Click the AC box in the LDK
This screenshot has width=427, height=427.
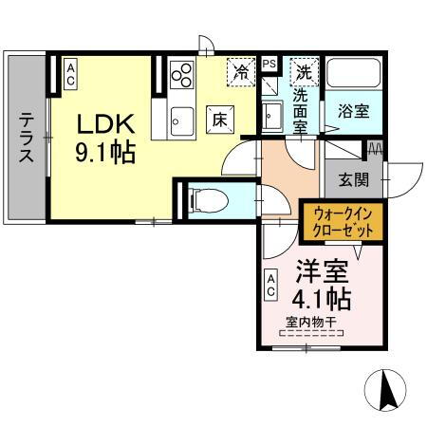pyautogui.click(x=70, y=74)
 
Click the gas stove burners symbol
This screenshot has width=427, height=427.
pyautogui.click(x=181, y=73)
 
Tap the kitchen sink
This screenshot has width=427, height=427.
pyautogui.click(x=181, y=119)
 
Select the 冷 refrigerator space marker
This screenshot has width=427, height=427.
pyautogui.click(x=243, y=69)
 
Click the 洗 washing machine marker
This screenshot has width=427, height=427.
pyautogui.click(x=302, y=69)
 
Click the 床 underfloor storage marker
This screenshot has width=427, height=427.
pyautogui.click(x=217, y=120)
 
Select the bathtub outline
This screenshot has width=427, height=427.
pyautogui.click(x=353, y=74)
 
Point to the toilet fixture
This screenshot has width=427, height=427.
pyautogui.click(x=207, y=198)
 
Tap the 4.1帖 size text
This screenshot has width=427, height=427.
pyautogui.click(x=323, y=300)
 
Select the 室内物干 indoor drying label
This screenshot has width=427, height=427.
pyautogui.click(x=308, y=322)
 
